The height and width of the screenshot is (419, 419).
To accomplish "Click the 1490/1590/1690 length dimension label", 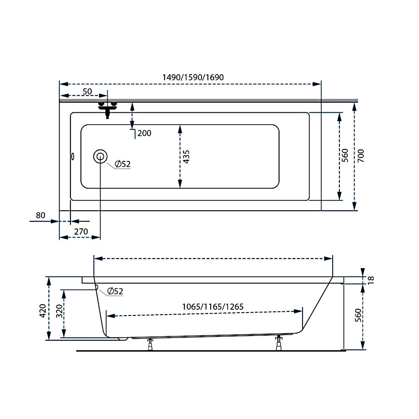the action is [x=193, y=77].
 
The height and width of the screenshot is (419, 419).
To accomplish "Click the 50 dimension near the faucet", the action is [x=87, y=91].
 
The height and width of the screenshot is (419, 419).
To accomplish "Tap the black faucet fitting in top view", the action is [x=107, y=109].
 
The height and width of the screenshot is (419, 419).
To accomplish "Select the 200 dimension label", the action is [x=144, y=133].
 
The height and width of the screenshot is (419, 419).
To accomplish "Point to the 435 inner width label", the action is [x=186, y=157].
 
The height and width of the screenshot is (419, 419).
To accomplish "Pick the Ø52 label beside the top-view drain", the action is [x=122, y=164].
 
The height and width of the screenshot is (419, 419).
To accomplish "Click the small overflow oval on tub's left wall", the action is [x=72, y=157].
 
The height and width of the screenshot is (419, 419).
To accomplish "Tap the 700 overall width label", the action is [x=361, y=156].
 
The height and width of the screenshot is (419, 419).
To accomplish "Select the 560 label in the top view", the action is [x=345, y=155].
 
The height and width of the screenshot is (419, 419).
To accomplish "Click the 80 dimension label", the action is [x=40, y=215].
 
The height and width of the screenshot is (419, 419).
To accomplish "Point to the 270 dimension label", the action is [x=81, y=231].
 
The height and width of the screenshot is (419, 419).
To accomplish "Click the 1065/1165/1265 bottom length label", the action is [x=213, y=307].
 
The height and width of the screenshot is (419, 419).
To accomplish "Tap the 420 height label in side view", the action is [x=43, y=310].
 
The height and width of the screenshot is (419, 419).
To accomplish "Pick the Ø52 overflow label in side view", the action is [x=115, y=291].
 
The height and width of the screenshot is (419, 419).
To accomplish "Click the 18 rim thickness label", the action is [x=371, y=280].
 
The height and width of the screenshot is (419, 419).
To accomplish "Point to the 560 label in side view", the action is [x=358, y=315].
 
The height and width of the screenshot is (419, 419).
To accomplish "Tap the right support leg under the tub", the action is [x=279, y=343].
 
